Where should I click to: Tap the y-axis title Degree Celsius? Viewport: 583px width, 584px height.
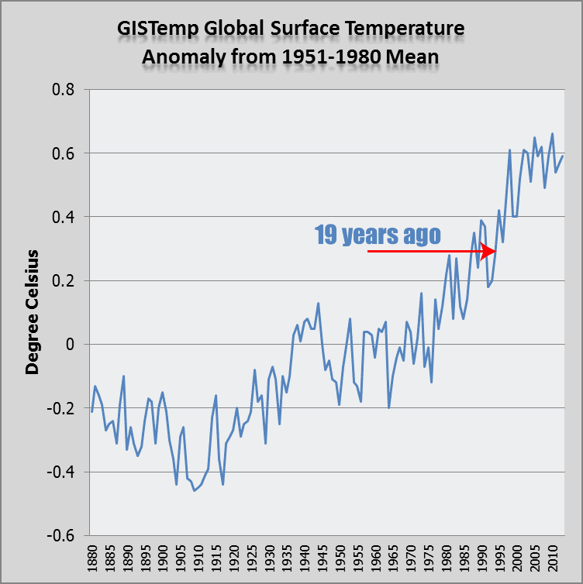click(33, 312)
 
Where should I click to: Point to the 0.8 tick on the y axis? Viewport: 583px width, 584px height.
click(64, 90)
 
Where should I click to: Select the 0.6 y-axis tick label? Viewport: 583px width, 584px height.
click(64, 153)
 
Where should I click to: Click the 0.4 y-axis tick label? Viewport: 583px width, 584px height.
click(64, 217)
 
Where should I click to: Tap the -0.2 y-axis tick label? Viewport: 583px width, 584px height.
click(61, 408)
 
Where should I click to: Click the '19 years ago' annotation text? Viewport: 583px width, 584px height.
click(378, 235)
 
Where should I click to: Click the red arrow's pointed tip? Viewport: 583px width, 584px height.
click(496, 251)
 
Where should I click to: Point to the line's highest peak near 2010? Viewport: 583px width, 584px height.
click(552, 133)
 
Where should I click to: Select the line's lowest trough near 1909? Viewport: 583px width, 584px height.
click(194, 490)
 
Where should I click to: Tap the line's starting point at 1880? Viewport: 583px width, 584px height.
click(91, 411)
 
